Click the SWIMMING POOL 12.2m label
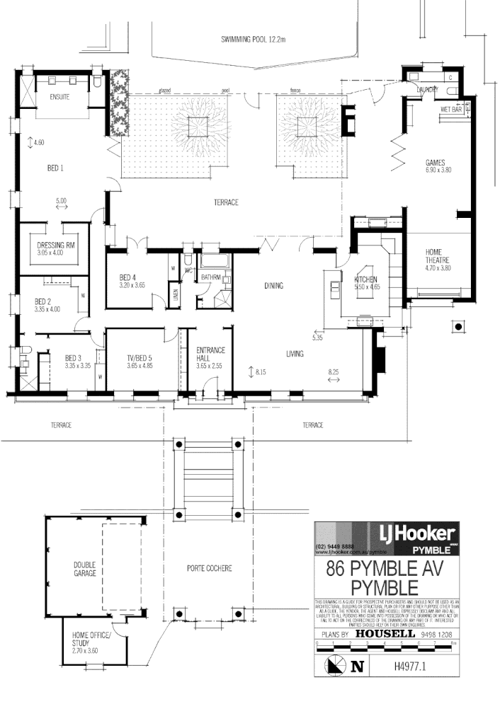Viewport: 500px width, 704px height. (x=253, y=40)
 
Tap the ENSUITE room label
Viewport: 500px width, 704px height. (x=59, y=97)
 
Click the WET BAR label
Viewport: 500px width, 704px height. (x=450, y=110)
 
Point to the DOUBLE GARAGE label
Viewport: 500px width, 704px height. (x=84, y=569)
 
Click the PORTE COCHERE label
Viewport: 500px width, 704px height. (x=209, y=568)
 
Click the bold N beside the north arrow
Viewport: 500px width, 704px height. (x=357, y=666)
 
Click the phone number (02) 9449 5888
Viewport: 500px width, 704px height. (x=336, y=548)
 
